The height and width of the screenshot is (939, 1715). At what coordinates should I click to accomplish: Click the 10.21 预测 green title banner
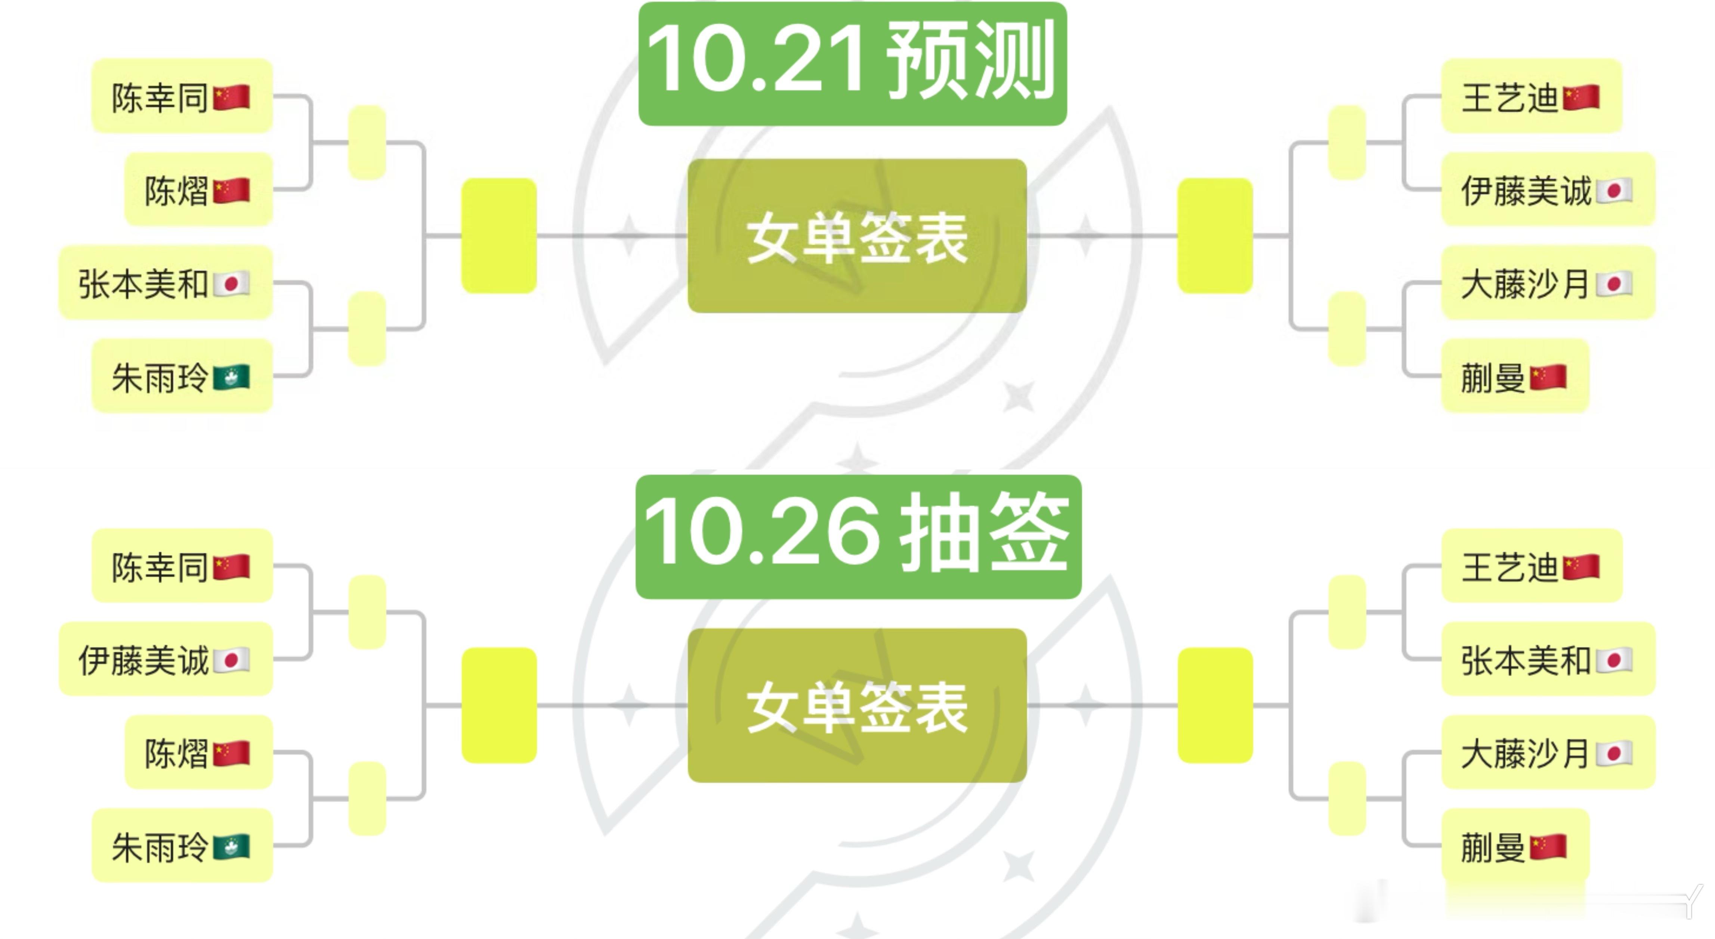coord(852,63)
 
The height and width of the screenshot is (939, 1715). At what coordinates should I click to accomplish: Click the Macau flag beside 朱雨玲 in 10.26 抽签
coord(231,846)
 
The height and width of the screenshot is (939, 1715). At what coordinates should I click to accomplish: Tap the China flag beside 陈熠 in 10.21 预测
coord(231,190)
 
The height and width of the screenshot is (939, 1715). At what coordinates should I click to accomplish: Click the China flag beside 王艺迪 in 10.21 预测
coord(1580,97)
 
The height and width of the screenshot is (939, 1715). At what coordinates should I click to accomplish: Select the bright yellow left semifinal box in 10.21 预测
coord(499,236)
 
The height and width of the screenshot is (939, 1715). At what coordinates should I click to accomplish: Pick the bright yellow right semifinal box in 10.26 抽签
coord(1215,705)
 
